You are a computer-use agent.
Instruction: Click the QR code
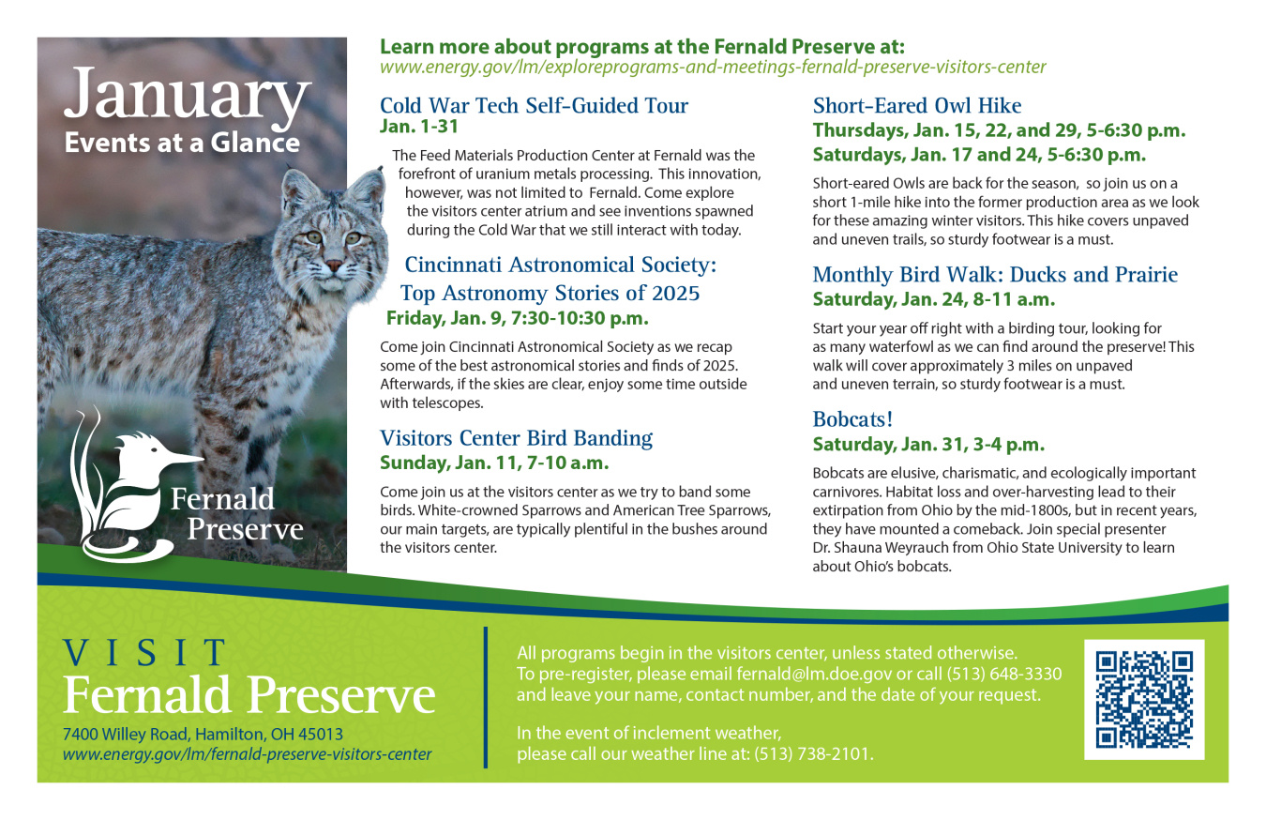pyautogui.click(x=1144, y=700)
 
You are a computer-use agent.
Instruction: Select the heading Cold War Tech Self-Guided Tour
pyautogui.click(x=534, y=105)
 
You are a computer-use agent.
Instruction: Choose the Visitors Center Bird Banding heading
pyautogui.click(x=516, y=437)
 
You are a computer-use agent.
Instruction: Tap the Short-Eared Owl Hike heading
pyautogui.click(x=916, y=105)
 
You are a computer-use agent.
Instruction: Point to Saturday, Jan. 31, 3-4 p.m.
pyautogui.click(x=927, y=444)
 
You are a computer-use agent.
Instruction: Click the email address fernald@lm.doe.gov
pyautogui.click(x=813, y=674)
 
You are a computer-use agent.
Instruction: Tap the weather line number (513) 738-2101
pyautogui.click(x=813, y=753)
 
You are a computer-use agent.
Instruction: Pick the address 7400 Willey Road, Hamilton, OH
pyautogui.click(x=203, y=734)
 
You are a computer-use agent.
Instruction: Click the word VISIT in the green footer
pyautogui.click(x=145, y=652)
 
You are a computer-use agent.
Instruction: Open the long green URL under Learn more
pyautogui.click(x=712, y=68)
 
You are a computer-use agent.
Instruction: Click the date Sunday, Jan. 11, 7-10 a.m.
pyautogui.click(x=494, y=463)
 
